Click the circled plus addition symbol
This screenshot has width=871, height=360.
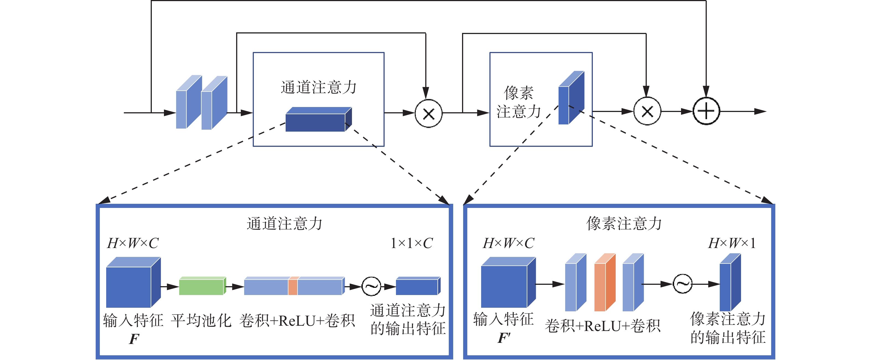coord(706,111)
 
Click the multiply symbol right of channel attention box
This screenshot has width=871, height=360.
coord(428,114)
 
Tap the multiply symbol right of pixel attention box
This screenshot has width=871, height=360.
coord(647,111)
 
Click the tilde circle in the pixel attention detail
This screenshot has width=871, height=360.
coord(682,284)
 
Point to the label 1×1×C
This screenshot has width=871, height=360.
coord(411,243)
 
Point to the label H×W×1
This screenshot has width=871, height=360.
coord(732,243)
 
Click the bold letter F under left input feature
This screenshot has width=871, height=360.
coord(134,339)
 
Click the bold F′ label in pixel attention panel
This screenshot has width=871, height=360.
coord(504,338)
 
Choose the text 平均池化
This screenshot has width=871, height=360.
coord(201,320)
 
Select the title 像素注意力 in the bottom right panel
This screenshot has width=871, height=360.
coord(624,223)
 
